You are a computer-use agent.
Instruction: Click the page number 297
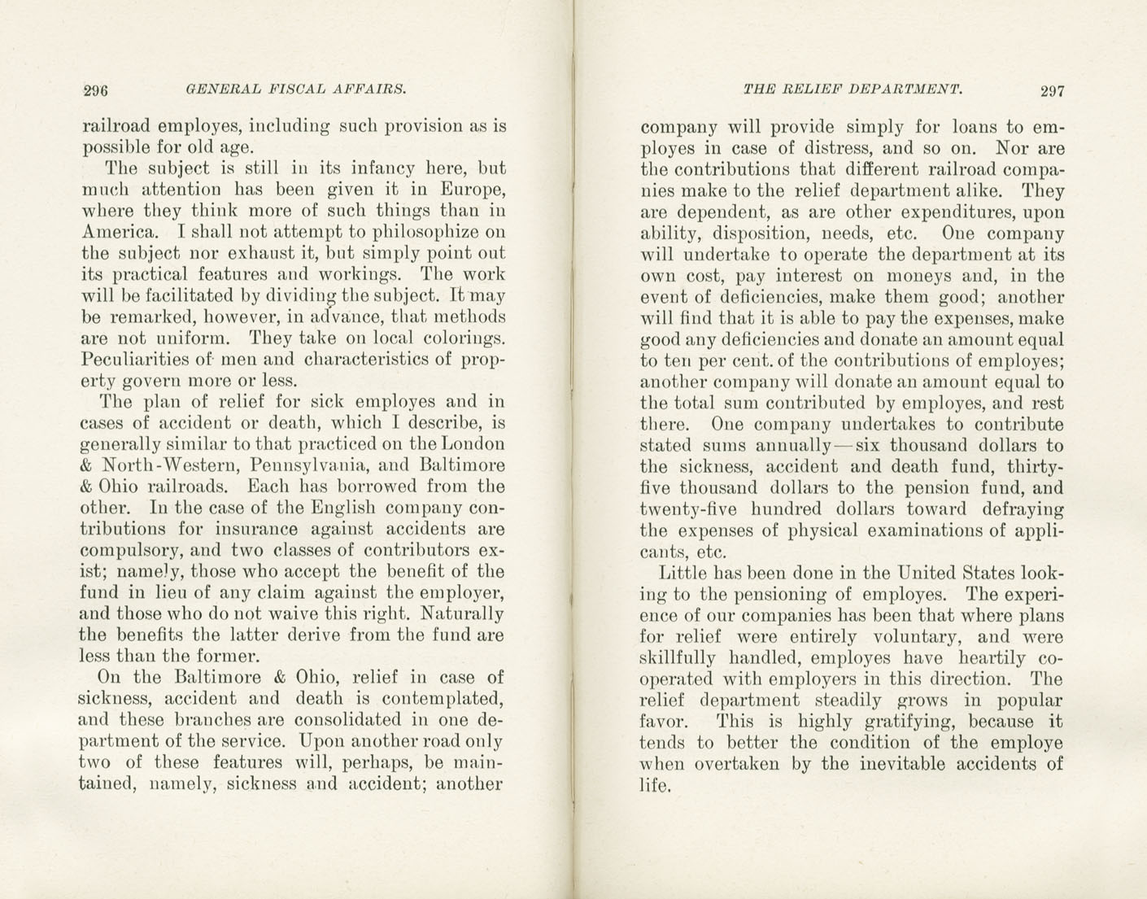click(x=1052, y=90)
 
